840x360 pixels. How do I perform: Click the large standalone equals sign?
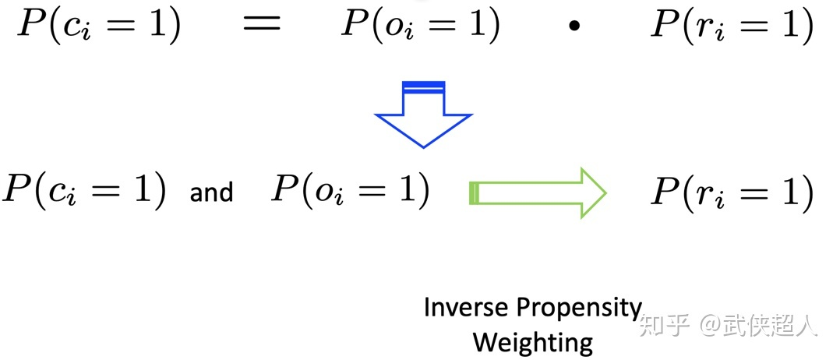coord(262,26)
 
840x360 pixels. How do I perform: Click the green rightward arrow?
coord(538,192)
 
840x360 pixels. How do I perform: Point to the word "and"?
coord(211,192)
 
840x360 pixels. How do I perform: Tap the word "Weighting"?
coord(533,341)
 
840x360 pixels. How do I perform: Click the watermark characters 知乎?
coord(665,324)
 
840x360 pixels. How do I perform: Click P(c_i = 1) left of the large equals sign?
coord(99,26)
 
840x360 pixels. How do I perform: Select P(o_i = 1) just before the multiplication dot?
coord(422,26)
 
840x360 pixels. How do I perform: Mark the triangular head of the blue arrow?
coord(423,129)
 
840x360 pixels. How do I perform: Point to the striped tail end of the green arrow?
coord(473,192)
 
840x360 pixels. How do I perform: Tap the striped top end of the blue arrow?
coord(423,86)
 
